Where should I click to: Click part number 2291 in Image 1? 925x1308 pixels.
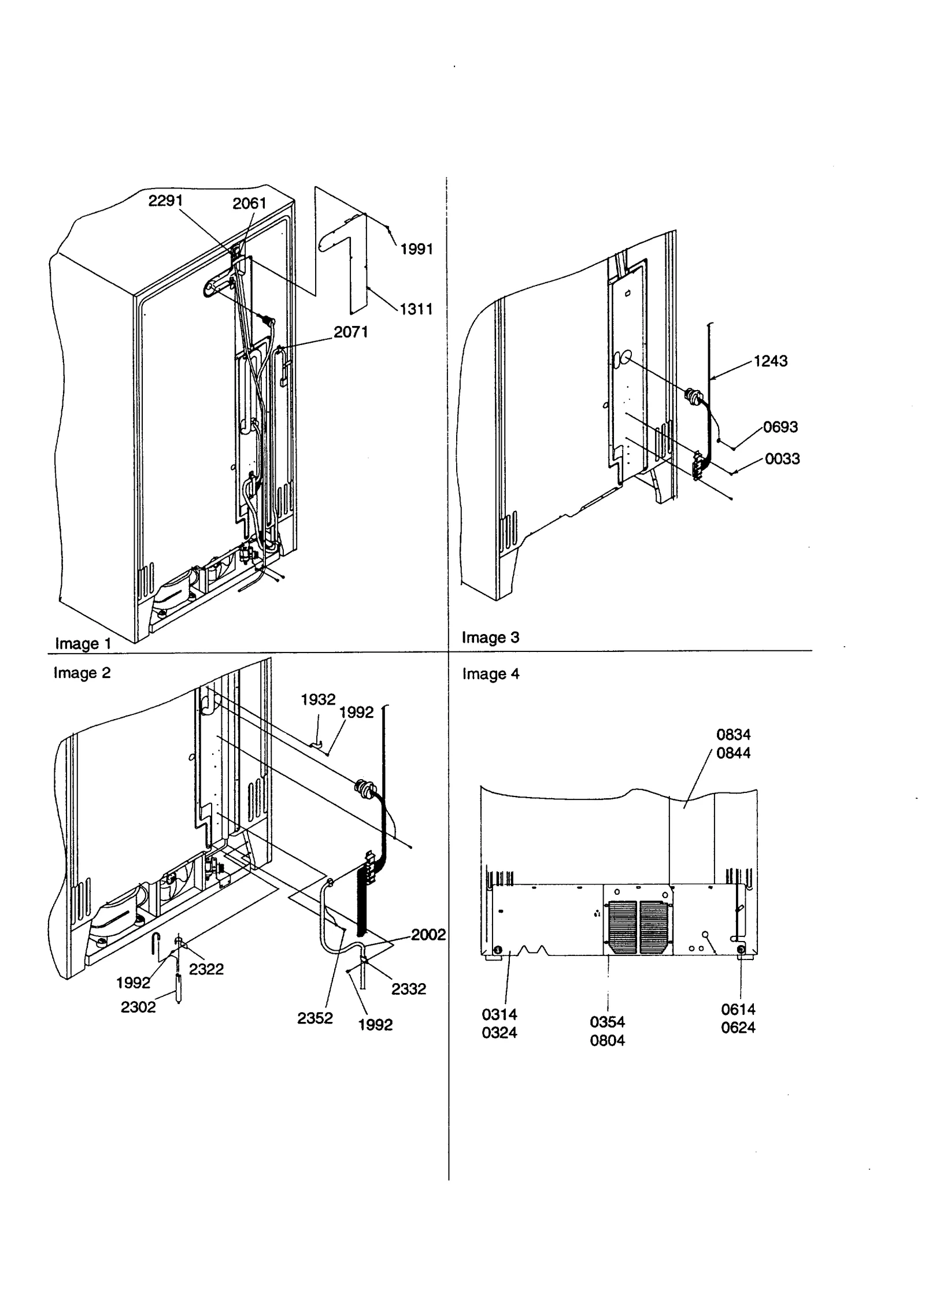165,201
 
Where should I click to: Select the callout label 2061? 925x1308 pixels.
249,203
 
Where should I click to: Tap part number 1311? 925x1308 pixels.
416,309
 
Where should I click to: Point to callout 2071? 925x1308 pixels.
350,332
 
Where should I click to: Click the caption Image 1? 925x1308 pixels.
83,643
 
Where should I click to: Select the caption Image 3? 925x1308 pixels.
490,637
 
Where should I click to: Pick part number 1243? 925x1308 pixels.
770,361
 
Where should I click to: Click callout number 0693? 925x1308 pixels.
780,427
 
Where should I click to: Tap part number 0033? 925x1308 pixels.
782,458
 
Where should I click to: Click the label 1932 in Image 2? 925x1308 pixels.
318,699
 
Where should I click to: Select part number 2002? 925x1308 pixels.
428,935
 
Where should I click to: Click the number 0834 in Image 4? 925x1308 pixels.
733,735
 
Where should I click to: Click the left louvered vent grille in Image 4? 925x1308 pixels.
622,927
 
